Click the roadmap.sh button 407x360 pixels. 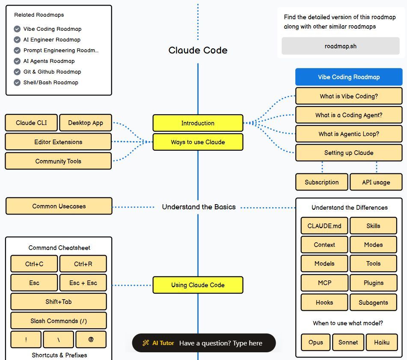point(340,46)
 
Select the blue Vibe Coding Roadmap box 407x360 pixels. point(348,77)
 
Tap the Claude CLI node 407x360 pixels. point(31,123)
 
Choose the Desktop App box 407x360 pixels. point(86,123)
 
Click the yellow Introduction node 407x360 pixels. point(198,123)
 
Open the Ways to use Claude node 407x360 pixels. point(198,142)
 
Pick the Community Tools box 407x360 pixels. point(58,161)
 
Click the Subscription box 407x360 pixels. point(321,182)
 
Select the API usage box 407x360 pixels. point(376,182)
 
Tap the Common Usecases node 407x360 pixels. point(59,206)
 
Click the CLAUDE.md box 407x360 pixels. point(324,226)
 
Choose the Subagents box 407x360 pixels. point(373,302)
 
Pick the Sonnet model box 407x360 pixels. point(348,342)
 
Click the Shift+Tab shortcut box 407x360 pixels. point(59,302)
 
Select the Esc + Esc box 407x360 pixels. point(83,283)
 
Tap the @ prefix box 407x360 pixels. point(91,339)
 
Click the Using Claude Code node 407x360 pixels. point(198,285)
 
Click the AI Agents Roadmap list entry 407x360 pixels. point(49,61)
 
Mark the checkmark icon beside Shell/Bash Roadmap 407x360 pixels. point(17,83)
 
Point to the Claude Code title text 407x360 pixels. point(198,51)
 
